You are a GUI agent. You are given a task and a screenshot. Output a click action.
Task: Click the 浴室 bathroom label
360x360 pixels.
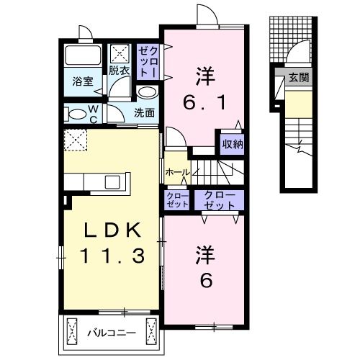pos(83,81)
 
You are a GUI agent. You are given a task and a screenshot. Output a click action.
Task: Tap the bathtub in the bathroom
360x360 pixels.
pos(83,55)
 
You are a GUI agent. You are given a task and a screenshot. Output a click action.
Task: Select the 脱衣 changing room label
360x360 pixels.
pos(120,71)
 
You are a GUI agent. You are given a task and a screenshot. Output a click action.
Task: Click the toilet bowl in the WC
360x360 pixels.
pos(76,114)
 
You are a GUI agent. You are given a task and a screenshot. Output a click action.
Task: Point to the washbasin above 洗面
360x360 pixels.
pos(147,92)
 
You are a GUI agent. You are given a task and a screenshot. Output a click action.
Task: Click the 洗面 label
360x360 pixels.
pos(144,113)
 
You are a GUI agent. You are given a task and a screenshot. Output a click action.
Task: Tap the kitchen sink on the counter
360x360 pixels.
pos(112,182)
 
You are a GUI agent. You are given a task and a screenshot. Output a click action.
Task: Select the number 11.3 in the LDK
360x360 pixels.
pos(113,256)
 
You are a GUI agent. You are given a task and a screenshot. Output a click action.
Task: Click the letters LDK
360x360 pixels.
pos(112,230)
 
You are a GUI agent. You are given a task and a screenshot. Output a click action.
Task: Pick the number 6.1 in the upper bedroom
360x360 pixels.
pos(204,102)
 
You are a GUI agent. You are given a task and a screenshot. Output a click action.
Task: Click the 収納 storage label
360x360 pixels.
pos(233,144)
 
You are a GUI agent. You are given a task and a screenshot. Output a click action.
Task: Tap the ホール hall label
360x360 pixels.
pos(178,172)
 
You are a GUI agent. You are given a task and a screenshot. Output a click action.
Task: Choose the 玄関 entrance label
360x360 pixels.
pos(299,78)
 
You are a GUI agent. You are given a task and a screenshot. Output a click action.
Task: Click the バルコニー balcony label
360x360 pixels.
pos(112,333)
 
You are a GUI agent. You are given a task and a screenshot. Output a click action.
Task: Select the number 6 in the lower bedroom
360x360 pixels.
pos(206,280)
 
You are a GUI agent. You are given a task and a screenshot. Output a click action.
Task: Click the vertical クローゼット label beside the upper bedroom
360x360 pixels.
pos(148,61)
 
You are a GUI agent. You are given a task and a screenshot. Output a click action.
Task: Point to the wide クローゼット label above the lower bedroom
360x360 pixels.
pos(219,201)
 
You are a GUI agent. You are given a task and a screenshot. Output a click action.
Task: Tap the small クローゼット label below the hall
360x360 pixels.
pos(178,200)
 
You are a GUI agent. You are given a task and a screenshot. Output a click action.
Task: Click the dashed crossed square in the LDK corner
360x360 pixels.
pos(76,140)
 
